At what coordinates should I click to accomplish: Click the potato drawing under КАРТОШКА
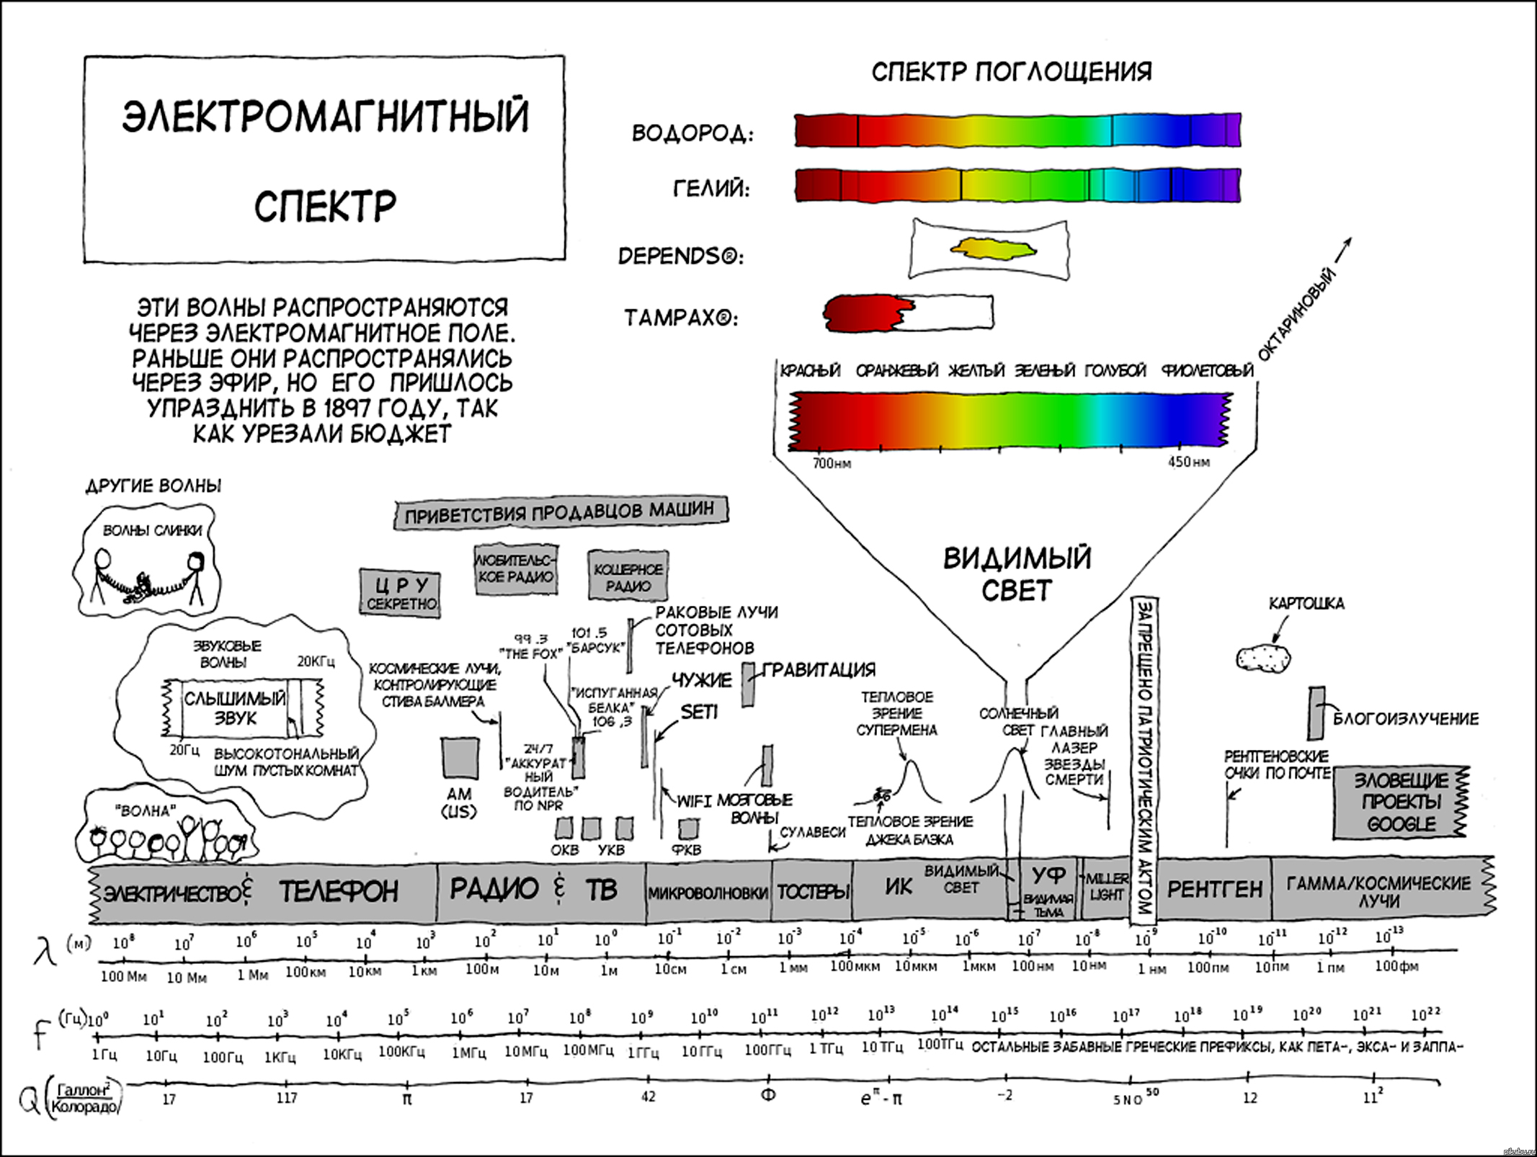pyautogui.click(x=1263, y=657)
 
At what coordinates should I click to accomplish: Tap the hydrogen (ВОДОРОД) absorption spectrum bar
pyautogui.click(x=1017, y=130)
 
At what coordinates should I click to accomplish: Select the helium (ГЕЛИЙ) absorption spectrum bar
pyautogui.click(x=1017, y=185)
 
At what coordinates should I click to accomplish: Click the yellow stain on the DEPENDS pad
pyautogui.click(x=994, y=250)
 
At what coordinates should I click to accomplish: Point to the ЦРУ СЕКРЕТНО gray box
pyautogui.click(x=401, y=593)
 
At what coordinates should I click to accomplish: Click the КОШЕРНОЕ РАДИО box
pyautogui.click(x=628, y=576)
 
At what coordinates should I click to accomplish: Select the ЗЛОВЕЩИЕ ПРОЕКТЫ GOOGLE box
pyautogui.click(x=1400, y=802)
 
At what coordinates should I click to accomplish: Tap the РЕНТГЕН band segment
pyautogui.click(x=1214, y=890)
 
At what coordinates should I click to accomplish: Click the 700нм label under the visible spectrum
pyautogui.click(x=832, y=463)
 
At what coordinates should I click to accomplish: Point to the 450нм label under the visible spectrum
pyautogui.click(x=1188, y=462)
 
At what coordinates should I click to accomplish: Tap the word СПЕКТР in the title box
pyautogui.click(x=325, y=206)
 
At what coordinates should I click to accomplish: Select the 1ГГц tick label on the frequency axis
pyautogui.click(x=643, y=1053)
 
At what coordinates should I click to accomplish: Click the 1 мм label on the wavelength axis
pyautogui.click(x=793, y=968)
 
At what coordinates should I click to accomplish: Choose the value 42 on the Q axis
pyautogui.click(x=649, y=1096)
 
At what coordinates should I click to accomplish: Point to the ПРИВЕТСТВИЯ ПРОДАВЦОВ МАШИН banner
pyautogui.click(x=560, y=512)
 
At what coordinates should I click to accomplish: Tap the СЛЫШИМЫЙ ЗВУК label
pyautogui.click(x=235, y=707)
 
